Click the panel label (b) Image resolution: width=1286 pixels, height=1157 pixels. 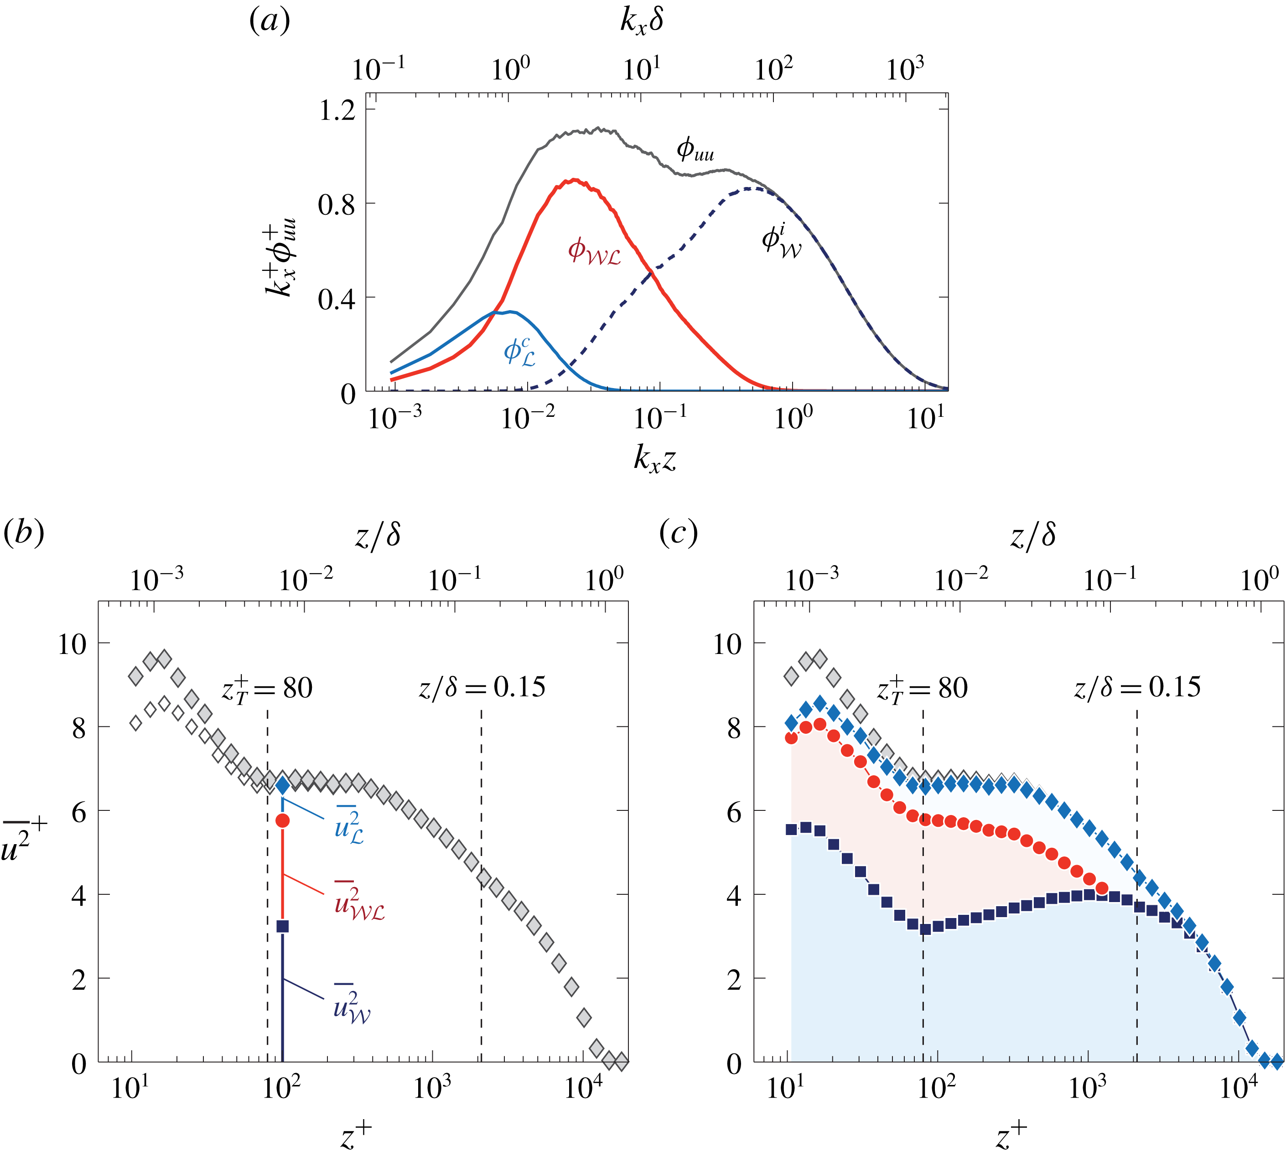[24, 532]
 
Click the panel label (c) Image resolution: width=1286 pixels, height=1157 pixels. [678, 532]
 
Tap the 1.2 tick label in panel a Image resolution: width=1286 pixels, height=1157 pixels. [337, 111]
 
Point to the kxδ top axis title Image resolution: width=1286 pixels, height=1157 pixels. [642, 21]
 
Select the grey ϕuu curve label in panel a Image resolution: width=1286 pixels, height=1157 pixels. [695, 150]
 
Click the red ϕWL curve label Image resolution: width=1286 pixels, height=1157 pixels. [594, 251]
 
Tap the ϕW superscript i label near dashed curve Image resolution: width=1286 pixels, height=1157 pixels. [781, 242]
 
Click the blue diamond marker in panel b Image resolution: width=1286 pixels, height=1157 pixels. [282, 786]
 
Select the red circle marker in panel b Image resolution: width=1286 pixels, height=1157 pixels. [282, 821]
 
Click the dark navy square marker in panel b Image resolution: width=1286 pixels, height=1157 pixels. [282, 926]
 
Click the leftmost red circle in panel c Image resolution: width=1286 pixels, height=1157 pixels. [791, 738]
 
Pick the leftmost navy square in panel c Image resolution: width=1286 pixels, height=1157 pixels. [791, 829]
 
